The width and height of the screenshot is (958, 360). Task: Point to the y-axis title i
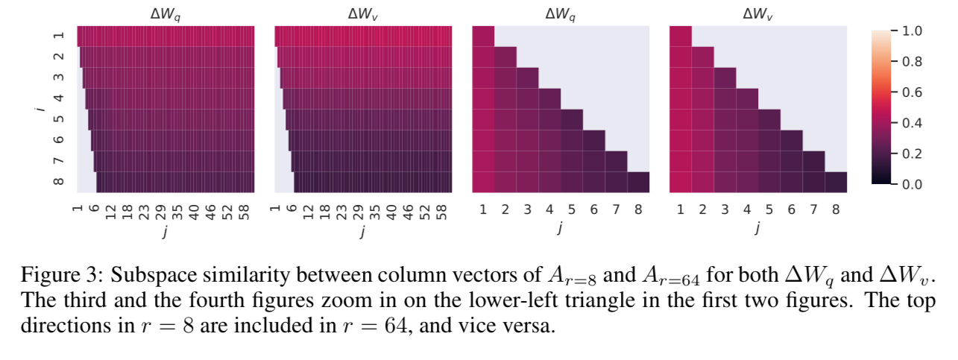[x=39, y=109]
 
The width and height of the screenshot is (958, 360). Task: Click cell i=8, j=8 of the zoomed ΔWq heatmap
[x=639, y=182]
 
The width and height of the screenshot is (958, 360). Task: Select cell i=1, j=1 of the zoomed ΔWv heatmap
[x=681, y=36]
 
